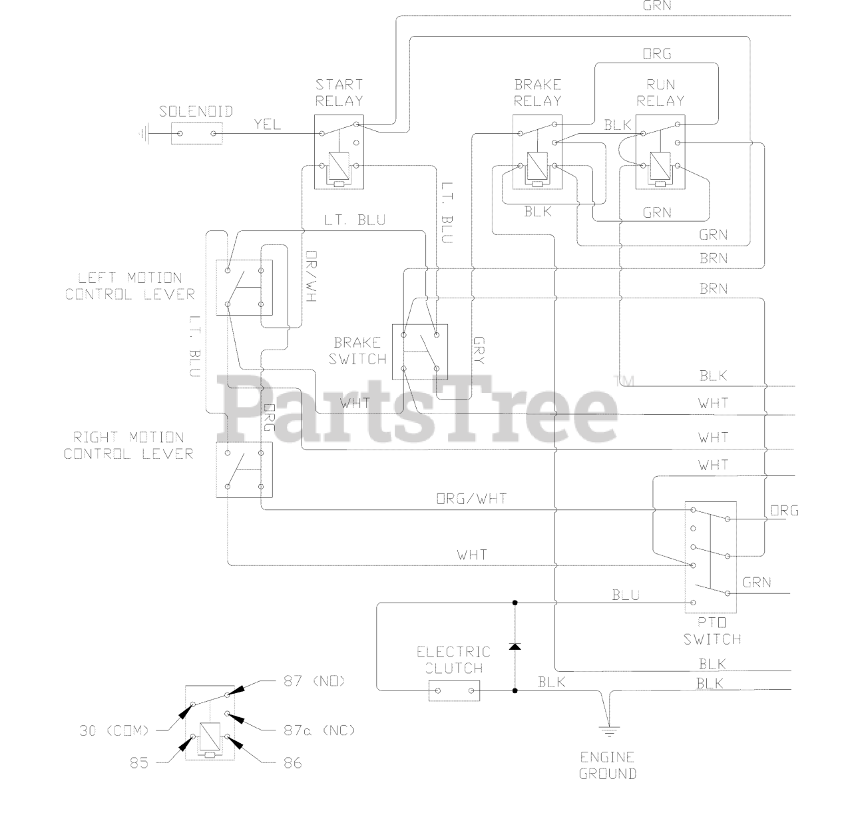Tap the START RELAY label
click(339, 93)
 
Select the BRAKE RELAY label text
click(537, 93)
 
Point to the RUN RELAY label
click(660, 93)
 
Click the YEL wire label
click(268, 125)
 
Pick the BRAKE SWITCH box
click(419, 350)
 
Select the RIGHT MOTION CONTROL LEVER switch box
click(244, 469)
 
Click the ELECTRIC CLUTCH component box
click(453, 690)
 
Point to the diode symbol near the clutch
click(515, 646)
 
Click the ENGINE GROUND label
click(607, 765)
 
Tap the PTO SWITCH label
click(712, 631)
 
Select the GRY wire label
click(479, 351)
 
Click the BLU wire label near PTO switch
click(625, 595)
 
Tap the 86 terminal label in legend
click(293, 763)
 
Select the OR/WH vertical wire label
click(310, 277)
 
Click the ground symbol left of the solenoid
click(142, 134)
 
